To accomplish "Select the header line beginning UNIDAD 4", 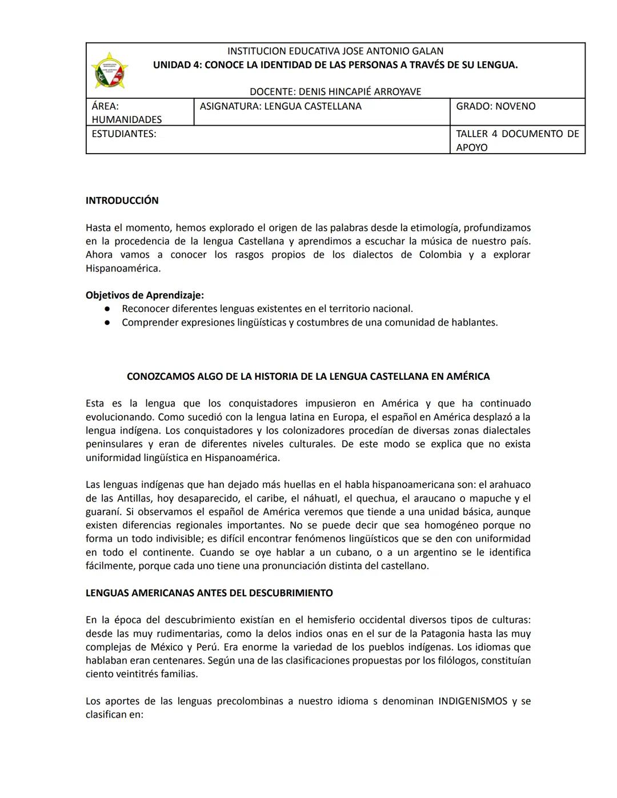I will point(335,65).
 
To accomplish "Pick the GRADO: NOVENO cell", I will point(495,106).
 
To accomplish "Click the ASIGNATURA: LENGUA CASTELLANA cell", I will point(281,106).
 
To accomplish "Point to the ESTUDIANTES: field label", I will point(124,134).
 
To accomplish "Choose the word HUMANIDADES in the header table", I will point(127,119).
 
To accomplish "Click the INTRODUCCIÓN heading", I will point(122,200).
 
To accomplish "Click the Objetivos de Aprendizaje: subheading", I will point(145,295).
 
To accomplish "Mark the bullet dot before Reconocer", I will point(107,309).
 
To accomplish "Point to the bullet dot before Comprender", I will point(107,323).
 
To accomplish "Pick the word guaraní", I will point(103,512).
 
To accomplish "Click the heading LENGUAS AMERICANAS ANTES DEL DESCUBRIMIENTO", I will point(209,593).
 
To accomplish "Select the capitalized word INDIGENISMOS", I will point(472,701).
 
